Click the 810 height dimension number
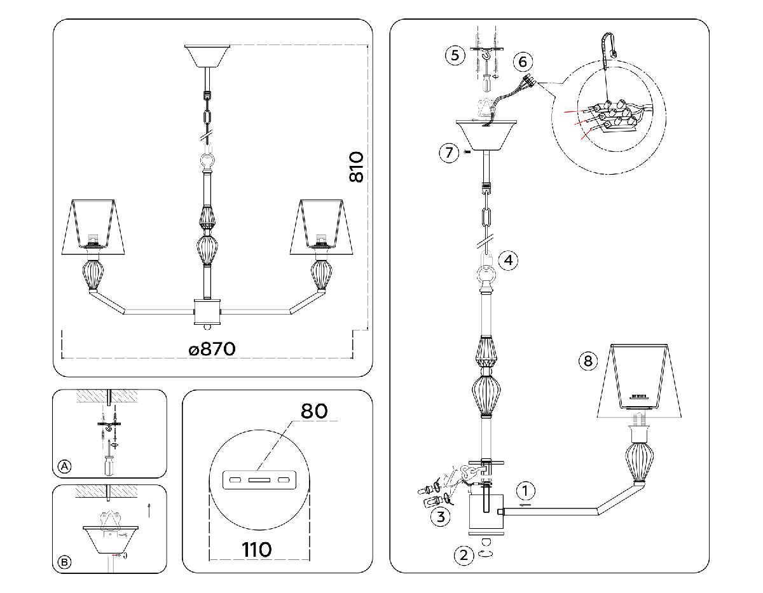357,167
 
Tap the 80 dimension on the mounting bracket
314,411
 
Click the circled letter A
64,467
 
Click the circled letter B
64,562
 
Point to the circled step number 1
525,491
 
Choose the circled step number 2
464,555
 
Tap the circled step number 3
438,515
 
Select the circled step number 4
509,260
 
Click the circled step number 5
454,55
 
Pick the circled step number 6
522,62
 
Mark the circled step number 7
450,153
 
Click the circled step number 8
588,361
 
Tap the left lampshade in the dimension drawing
97,223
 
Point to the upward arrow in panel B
149,508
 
